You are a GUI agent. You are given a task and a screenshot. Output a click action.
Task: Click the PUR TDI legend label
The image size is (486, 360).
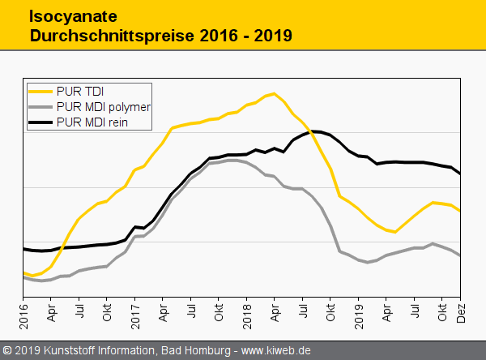pyautogui.click(x=81, y=90)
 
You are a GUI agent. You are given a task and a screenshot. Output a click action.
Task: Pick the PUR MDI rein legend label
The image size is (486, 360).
pyautogui.click(x=93, y=122)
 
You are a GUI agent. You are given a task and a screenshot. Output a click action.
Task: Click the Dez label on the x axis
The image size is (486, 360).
pyautogui.click(x=460, y=311)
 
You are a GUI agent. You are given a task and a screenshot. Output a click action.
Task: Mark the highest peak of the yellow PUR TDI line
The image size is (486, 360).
pyautogui.click(x=275, y=93)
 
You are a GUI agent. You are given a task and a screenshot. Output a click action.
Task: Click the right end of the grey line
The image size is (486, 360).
pyautogui.click(x=460, y=255)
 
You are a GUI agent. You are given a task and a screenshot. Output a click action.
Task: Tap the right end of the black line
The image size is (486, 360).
pyautogui.click(x=460, y=174)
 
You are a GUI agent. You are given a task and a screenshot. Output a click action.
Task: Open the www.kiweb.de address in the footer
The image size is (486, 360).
pyautogui.click(x=275, y=350)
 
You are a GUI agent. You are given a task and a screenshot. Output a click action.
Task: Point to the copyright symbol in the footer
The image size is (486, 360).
pyautogui.click(x=7, y=350)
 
